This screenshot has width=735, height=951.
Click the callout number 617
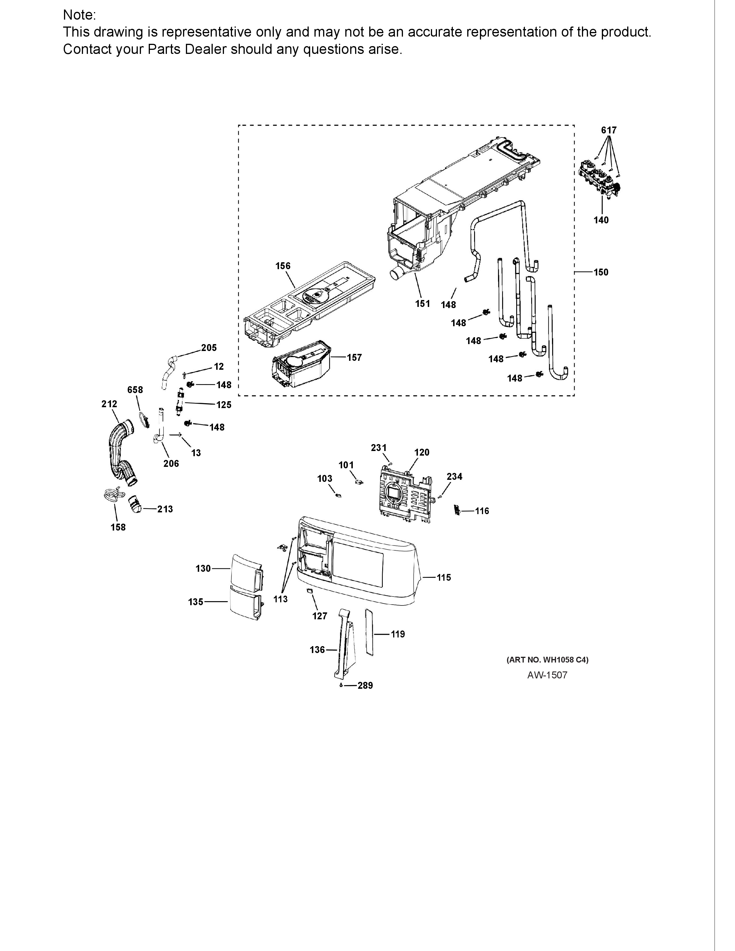pos(609,130)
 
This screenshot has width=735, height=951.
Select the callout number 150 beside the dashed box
pos(601,272)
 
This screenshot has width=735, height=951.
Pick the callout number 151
pos(422,303)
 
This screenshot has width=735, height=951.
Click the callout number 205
pos(209,348)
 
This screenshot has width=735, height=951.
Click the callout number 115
pos(444,578)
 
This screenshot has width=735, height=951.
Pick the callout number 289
pos(365,685)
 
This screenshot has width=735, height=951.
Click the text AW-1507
pos(547,675)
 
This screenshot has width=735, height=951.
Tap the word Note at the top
pos(78,15)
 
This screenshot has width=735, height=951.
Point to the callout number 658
pos(135,390)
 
